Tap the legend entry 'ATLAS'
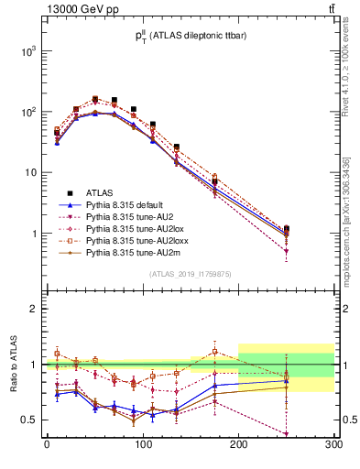101,192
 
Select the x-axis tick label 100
142,449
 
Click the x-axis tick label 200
238,449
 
